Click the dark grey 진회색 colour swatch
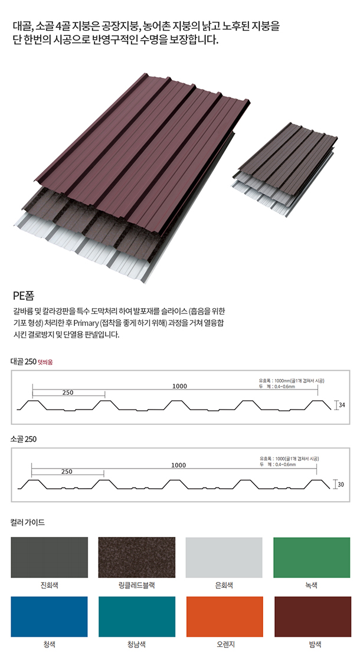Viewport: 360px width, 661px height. point(49,557)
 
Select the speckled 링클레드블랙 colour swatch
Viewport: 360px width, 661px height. point(136,557)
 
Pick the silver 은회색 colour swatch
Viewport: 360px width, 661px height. point(224,557)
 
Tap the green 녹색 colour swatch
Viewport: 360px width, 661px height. point(312,557)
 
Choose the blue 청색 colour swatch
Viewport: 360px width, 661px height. point(49,616)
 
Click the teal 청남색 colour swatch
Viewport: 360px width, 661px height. point(136,616)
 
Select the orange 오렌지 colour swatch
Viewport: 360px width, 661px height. point(224,616)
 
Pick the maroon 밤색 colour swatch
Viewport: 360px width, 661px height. point(312,616)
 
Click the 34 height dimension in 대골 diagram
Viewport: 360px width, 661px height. point(342,405)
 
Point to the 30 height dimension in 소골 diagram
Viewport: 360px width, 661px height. point(341,485)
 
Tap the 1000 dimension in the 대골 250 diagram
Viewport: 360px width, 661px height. point(180,386)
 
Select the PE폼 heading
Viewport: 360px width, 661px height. point(25,295)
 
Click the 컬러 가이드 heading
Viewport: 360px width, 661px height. point(27,522)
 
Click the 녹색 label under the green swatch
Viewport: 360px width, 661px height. point(312,585)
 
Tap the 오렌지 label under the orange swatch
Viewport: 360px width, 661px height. point(224,644)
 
